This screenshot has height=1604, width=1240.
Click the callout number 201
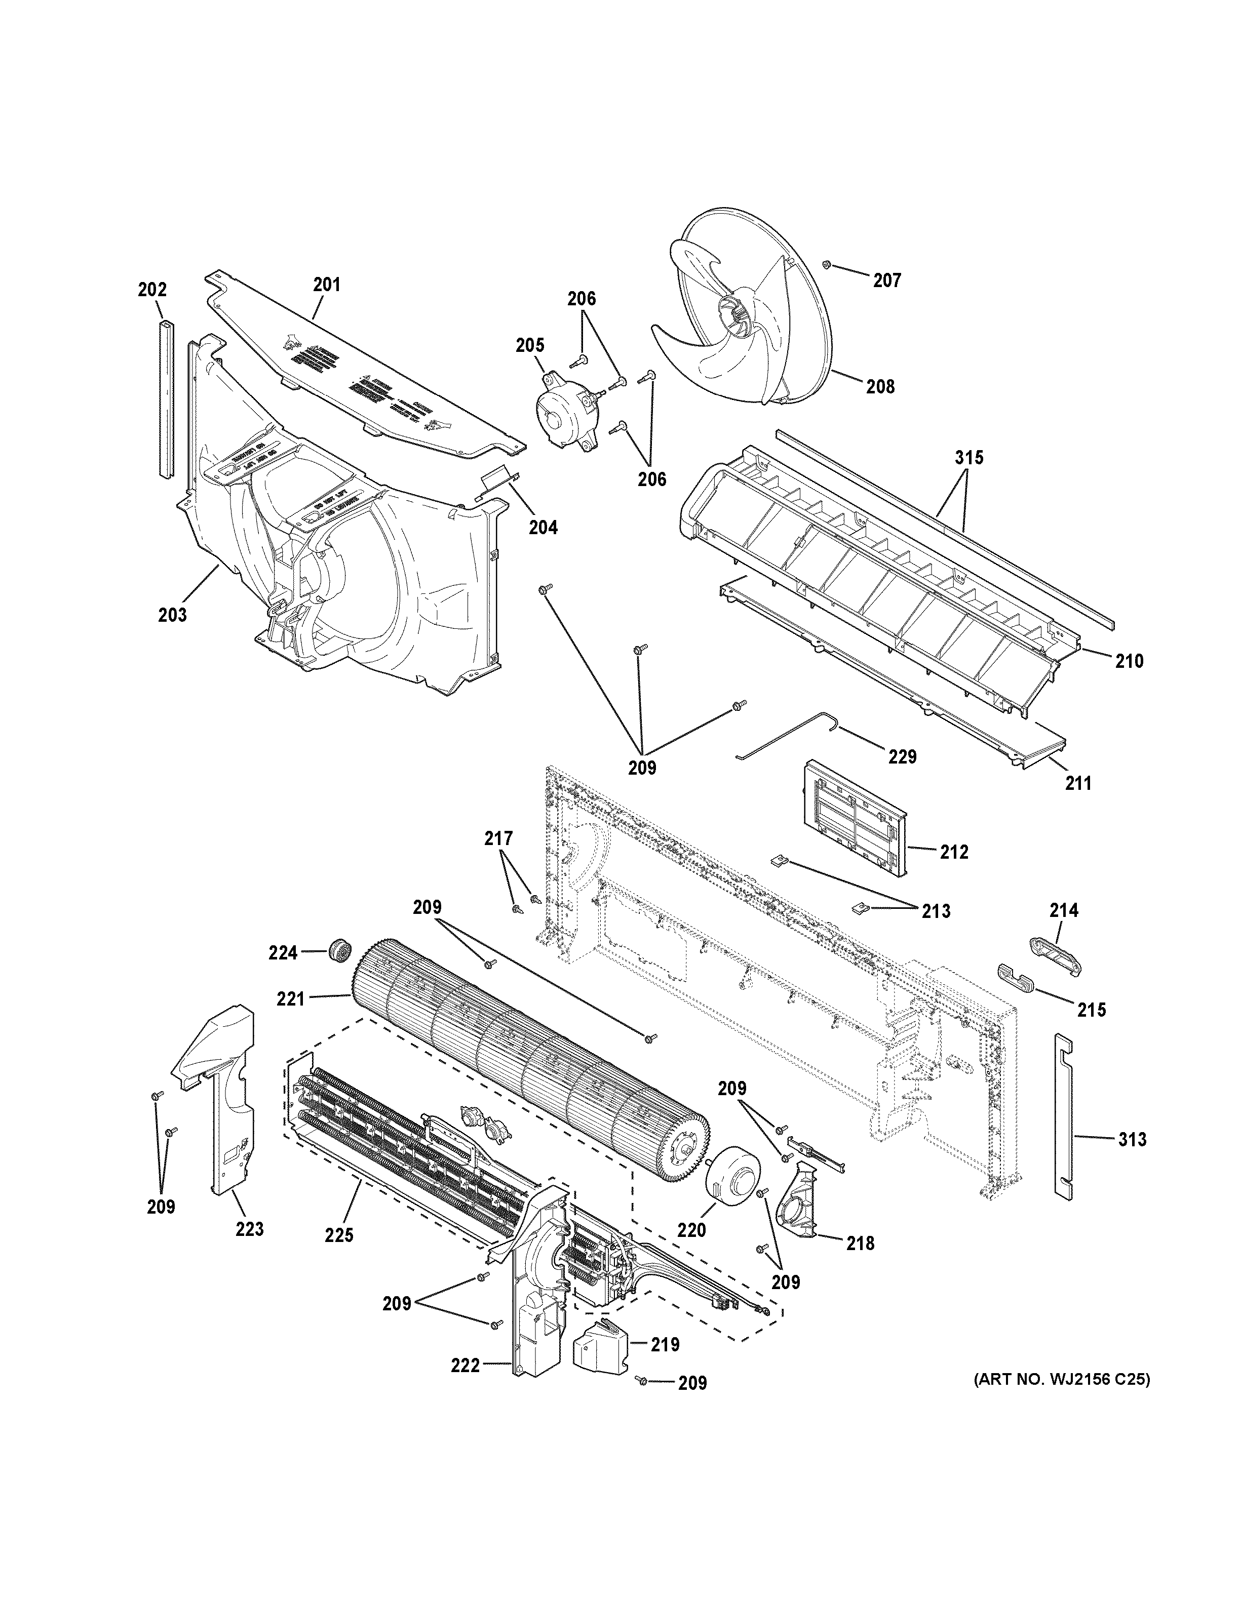point(327,284)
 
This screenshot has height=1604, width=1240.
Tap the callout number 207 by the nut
point(886,280)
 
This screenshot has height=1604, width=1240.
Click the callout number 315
point(969,458)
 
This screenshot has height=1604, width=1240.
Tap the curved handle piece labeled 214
point(1055,957)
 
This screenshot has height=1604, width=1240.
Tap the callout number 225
point(339,1235)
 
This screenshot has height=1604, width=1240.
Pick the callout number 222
point(465,1366)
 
